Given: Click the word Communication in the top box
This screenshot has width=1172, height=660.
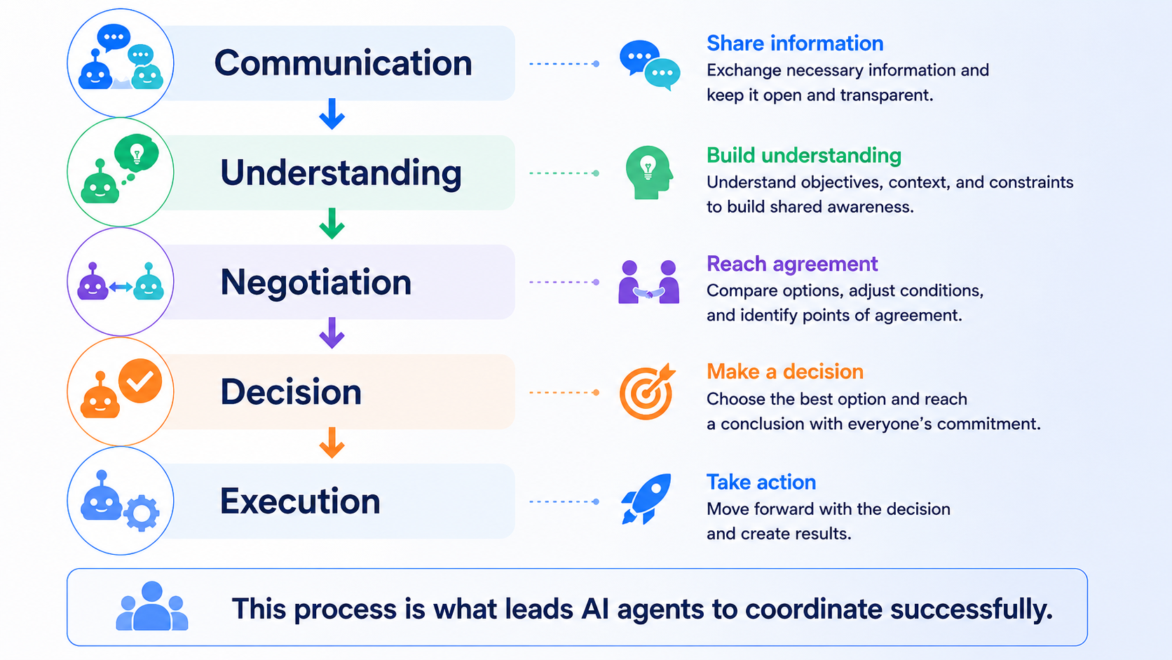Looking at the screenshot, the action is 343,63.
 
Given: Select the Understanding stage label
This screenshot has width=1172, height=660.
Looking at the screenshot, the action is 341,173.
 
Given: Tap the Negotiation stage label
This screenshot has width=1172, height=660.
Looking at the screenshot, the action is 316,282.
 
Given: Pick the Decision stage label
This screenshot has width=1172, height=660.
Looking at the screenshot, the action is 291,391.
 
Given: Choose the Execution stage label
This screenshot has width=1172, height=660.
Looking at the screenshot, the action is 300,501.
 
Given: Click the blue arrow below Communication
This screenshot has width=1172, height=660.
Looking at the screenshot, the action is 332,114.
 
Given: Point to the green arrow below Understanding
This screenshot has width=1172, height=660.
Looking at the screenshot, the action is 332,224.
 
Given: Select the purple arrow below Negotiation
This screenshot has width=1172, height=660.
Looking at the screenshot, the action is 332,333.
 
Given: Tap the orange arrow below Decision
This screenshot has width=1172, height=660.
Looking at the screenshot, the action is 332,443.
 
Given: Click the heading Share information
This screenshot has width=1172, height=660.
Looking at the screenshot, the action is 795,43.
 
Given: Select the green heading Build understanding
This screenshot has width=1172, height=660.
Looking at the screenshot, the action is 804,156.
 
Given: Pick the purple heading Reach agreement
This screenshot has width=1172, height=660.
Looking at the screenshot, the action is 792,264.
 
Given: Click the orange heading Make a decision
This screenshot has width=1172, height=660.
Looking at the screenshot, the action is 785,372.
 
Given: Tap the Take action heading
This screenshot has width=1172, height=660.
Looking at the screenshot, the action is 761,482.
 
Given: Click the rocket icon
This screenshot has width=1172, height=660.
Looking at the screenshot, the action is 646,498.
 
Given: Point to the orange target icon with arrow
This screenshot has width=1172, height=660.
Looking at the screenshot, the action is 647,391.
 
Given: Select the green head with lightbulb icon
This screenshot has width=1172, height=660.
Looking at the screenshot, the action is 649,173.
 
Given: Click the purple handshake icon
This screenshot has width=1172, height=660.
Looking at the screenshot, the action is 649,282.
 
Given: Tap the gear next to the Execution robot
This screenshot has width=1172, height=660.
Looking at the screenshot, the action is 142,513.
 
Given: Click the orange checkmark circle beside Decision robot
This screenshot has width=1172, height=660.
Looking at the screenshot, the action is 139,381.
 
